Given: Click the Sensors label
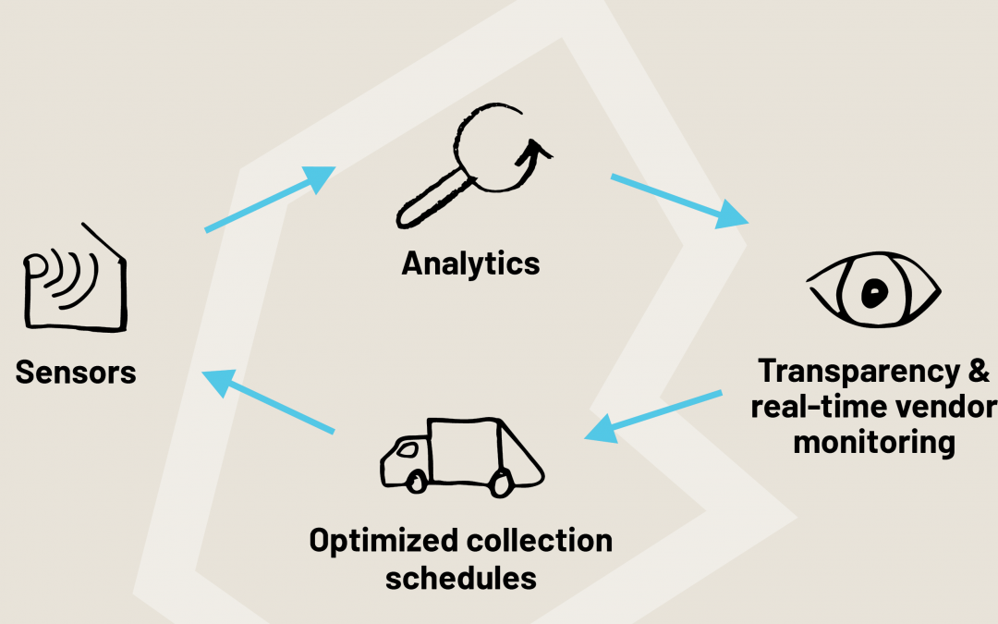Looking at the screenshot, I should pyautogui.click(x=76, y=373).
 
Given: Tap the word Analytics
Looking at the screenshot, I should pyautogui.click(x=470, y=263).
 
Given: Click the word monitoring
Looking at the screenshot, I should pyautogui.click(x=874, y=442).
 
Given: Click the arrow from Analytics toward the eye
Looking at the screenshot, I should pyautogui.click(x=679, y=199).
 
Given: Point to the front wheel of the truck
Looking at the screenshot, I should pyautogui.click(x=417, y=481).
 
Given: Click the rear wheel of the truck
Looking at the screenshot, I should pyautogui.click(x=502, y=483).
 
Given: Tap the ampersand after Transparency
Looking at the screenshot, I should pyautogui.click(x=978, y=372).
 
